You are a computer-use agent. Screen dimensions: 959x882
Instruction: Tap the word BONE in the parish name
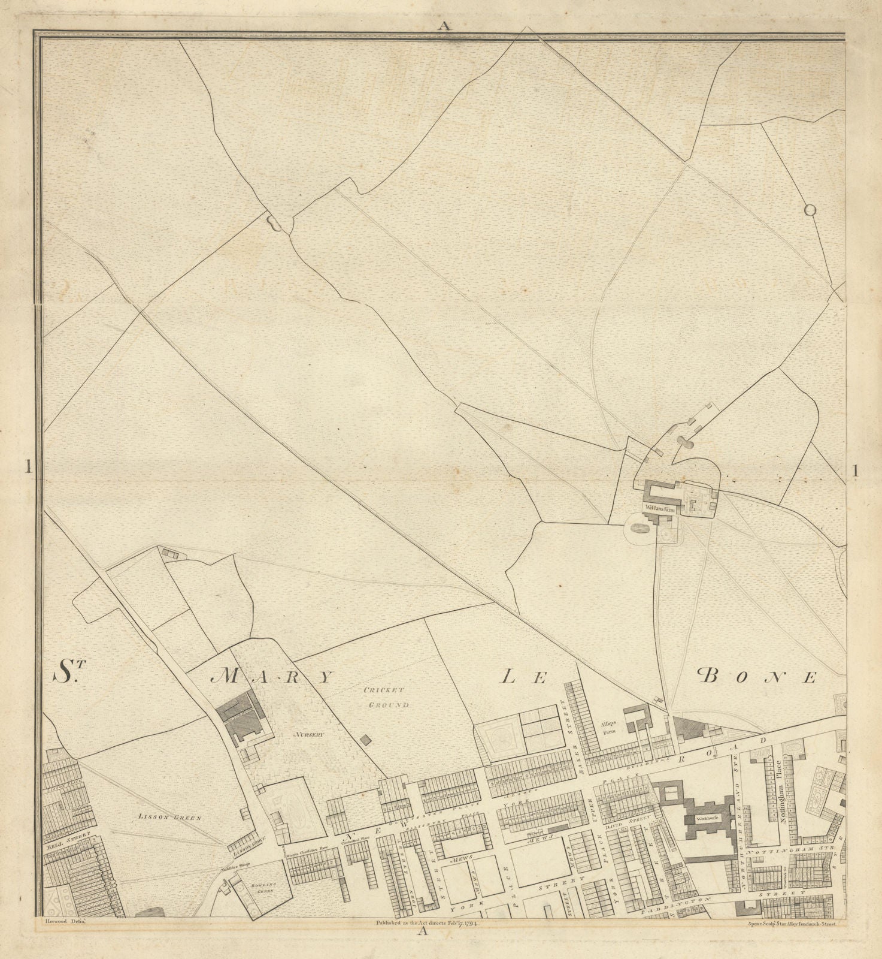tap(757, 677)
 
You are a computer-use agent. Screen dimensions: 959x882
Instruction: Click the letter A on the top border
tap(443, 25)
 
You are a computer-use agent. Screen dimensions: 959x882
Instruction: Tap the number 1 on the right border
tap(856, 471)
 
